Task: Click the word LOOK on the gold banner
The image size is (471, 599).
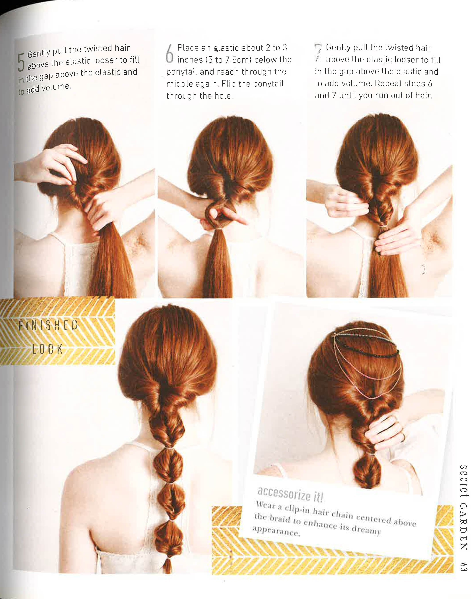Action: [47, 349]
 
